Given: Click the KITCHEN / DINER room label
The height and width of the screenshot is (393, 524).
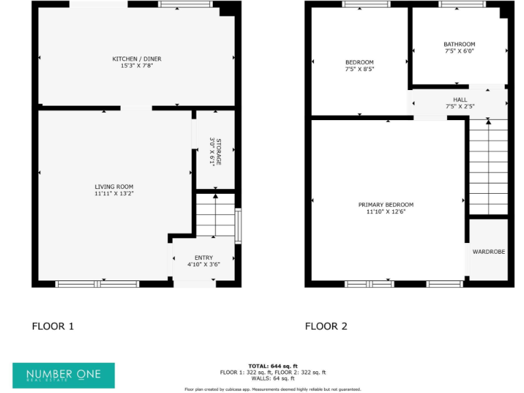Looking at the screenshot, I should (136, 59).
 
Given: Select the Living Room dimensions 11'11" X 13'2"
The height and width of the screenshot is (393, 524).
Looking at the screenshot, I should (114, 194).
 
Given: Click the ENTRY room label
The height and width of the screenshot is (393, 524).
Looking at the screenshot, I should (203, 257).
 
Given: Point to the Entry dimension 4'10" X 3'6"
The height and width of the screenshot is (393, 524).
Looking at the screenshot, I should (203, 264).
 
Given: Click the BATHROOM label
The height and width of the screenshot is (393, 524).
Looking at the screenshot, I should (459, 44).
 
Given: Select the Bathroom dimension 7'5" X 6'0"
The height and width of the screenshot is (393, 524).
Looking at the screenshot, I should (459, 50).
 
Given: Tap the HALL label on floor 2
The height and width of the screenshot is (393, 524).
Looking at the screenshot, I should (460, 100).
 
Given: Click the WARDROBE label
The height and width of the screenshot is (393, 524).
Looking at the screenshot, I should (489, 252).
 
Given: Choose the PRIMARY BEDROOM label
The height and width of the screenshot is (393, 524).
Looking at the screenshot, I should (386, 205).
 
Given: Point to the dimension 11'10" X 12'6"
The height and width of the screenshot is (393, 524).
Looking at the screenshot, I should (386, 212).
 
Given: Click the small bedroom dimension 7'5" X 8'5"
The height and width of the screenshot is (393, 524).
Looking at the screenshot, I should (360, 69).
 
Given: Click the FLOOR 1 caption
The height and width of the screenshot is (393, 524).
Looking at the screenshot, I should (53, 326).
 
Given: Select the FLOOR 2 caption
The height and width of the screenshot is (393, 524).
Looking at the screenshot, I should (326, 326).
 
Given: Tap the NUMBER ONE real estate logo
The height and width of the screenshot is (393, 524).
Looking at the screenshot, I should (63, 375).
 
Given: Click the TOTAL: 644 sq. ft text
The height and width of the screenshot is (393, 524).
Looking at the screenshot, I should (272, 366).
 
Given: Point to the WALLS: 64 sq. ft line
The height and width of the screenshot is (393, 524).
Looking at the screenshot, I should (272, 378).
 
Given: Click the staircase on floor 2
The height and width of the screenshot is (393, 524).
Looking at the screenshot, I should (489, 167).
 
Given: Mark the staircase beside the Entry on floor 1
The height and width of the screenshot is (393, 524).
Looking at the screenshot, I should (216, 215).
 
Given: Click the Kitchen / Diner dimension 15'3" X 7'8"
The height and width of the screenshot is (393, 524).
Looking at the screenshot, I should (136, 65).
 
